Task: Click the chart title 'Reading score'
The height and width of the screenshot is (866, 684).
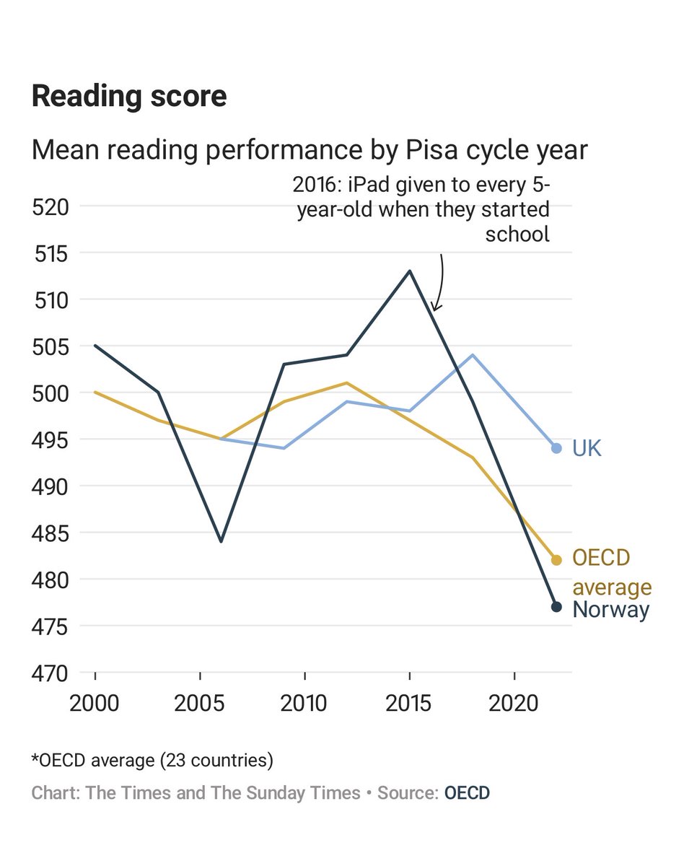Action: click(x=129, y=96)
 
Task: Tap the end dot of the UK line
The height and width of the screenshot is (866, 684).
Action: click(x=556, y=448)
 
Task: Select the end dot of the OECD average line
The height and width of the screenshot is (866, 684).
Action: click(x=556, y=560)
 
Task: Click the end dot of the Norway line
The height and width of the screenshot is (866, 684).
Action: click(x=556, y=607)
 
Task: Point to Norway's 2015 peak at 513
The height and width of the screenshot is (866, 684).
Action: click(x=410, y=271)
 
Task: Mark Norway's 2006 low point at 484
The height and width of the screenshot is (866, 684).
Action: click(x=221, y=541)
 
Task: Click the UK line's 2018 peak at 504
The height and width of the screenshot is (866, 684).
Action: click(x=473, y=355)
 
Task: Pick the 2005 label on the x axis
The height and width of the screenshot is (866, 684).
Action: click(x=200, y=702)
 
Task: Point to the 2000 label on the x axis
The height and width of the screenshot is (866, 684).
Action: click(x=95, y=702)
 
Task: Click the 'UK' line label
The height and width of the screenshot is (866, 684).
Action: click(x=587, y=448)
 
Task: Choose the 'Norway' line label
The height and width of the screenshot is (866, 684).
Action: click(x=610, y=610)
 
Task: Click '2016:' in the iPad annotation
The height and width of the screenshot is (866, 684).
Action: click(x=317, y=185)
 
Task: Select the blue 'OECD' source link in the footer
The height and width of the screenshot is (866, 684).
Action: click(x=467, y=793)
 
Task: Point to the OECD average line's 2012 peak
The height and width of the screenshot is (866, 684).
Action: click(x=347, y=383)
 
